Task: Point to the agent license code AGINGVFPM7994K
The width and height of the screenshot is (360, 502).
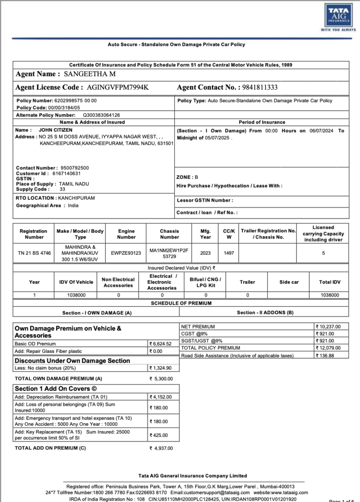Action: click(118, 87)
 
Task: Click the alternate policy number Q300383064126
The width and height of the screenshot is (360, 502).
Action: click(101, 115)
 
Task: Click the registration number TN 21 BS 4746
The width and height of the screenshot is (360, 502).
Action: click(34, 253)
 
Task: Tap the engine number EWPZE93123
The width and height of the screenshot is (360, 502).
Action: click(126, 253)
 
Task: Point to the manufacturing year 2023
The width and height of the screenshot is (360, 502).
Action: click(206, 253)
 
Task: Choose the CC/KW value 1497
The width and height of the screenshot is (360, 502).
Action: click(229, 253)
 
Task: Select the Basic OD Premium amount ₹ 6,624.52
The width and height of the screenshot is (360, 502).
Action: click(160, 344)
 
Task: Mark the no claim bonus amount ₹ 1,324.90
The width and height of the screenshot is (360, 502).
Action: click(160, 368)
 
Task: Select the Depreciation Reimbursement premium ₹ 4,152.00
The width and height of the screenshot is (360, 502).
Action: click(160, 397)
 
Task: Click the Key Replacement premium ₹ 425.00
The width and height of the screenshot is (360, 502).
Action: click(159, 436)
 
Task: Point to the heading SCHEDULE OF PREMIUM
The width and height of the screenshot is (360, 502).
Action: click(181, 303)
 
